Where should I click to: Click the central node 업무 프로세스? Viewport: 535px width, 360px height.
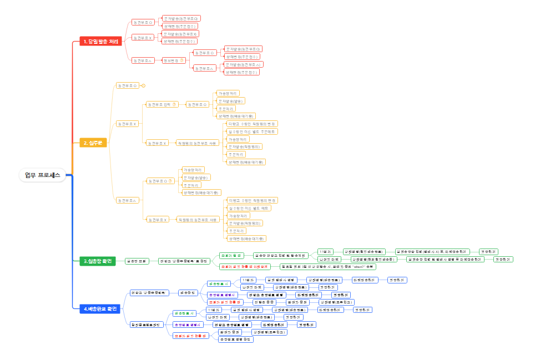[43, 175]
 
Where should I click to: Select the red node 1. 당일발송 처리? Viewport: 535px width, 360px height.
[100, 42]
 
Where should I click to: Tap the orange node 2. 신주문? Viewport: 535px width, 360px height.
[94, 143]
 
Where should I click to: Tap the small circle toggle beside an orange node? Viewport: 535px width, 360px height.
[143, 85]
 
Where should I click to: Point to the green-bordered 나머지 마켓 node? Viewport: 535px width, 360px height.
[329, 259]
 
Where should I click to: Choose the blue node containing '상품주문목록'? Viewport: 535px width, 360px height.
[149, 292]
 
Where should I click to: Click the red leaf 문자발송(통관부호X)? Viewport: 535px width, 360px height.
[181, 34]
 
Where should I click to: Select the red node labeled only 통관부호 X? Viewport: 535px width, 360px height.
[143, 38]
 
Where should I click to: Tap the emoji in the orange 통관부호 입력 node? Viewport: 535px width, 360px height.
[174, 104]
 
